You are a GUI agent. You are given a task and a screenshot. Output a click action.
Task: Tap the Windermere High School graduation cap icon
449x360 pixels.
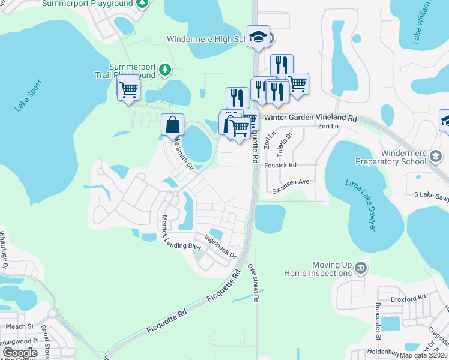(258, 37)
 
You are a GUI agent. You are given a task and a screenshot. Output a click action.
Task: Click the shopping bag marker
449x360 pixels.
(172, 125)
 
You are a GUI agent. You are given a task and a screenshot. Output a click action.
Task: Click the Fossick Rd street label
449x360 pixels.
(281, 165)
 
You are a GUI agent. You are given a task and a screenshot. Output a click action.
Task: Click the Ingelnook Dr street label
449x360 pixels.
(221, 247)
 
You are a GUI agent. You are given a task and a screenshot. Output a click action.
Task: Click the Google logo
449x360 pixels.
(20, 353)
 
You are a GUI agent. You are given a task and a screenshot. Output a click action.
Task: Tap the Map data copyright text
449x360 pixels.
(423, 355)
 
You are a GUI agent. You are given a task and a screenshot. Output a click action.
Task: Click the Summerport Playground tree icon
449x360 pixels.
(142, 4)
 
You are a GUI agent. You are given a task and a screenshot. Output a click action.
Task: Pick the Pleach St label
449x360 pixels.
(18, 327)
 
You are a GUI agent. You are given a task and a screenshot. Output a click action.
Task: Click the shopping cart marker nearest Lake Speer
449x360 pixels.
(128, 90)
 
